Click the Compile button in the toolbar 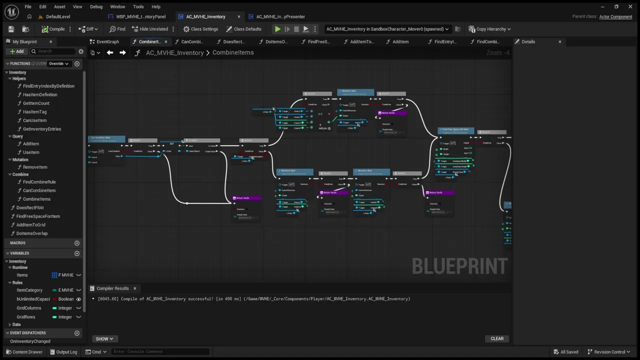[x=53, y=29]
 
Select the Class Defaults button [x=243, y=29]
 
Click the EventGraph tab [x=107, y=42]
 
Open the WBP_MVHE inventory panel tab [x=140, y=16]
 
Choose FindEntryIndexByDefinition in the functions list [x=48, y=86]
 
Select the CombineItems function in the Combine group [x=36, y=199]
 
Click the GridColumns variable [x=29, y=308]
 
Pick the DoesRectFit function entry [x=30, y=207]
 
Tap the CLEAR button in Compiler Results [x=497, y=338]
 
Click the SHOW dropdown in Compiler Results [x=104, y=339]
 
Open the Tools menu [x=138, y=6]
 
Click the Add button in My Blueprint [x=16, y=51]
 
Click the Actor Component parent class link [x=615, y=16]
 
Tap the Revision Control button [x=608, y=351]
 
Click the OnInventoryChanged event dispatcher [x=30, y=341]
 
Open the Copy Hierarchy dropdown [x=489, y=29]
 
